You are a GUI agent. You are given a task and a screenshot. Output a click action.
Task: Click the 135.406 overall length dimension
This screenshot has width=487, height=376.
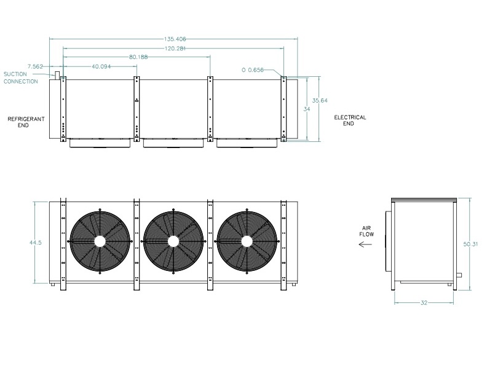tap(175, 39)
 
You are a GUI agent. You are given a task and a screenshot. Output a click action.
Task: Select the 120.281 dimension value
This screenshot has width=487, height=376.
tap(175, 49)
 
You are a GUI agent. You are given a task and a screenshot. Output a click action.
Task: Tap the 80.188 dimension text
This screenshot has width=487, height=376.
tap(138, 57)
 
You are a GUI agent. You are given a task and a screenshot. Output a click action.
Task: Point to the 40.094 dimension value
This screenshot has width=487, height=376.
tap(101, 66)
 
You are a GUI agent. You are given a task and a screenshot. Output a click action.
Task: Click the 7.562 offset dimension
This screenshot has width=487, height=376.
tap(35, 66)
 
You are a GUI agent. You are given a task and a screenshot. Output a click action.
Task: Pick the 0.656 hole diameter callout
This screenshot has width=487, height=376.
tap(253, 70)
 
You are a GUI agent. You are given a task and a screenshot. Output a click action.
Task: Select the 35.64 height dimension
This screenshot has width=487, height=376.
tap(320, 101)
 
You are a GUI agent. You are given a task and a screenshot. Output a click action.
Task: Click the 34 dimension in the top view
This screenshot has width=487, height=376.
tap(307, 109)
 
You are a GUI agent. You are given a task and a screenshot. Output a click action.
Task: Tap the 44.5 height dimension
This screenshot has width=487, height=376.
tap(36, 243)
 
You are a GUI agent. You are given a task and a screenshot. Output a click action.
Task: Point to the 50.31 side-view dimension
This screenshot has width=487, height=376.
tap(470, 244)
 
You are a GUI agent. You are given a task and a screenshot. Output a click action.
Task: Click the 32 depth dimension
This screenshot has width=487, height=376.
tap(424, 303)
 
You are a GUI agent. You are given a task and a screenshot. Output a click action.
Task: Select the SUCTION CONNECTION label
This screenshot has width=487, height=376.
tap(20, 78)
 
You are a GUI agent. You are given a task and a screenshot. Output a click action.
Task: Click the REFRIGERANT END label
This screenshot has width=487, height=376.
tap(26, 122)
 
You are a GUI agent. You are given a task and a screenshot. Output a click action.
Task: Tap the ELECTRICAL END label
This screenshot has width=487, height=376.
tap(350, 120)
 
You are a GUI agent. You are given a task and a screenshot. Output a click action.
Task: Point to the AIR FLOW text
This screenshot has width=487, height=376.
tap(366, 231)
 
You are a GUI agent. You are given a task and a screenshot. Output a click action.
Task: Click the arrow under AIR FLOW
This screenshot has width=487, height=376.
tap(365, 245)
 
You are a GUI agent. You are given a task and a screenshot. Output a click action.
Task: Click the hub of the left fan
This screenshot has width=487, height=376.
tap(100, 241)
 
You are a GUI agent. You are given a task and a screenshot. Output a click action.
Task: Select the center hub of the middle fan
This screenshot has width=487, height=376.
tap(173, 241)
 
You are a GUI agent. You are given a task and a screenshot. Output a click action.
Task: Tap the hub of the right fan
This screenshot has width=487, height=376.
tap(247, 241)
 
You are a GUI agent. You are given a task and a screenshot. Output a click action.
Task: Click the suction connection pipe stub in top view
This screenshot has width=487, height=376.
tap(57, 76)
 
